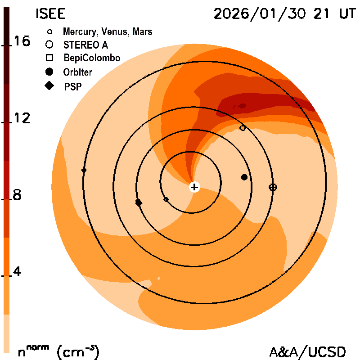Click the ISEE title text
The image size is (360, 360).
coord(50,14)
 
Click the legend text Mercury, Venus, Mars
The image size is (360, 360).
coord(107,32)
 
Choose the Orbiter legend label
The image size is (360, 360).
coord(78,72)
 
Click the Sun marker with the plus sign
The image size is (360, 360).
coord(194,187)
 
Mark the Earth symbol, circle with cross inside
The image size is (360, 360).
coord(273,187)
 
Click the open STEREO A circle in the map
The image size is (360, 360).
coord(243,128)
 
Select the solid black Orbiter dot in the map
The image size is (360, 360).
coord(244,177)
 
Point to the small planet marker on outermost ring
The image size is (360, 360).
coord(84,170)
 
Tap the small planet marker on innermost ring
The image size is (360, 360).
coord(166,199)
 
